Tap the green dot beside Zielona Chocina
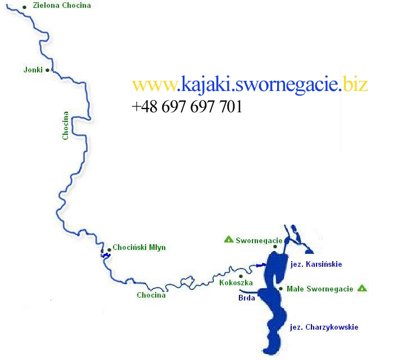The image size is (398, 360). (24, 7)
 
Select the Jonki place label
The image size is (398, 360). (33, 70)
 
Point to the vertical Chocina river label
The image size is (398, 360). (66, 125)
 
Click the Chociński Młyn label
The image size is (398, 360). (139, 247)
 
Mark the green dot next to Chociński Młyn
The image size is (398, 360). (108, 250)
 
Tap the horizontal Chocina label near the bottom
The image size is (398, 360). (151, 295)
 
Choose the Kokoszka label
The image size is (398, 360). (236, 283)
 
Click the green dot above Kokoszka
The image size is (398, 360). (241, 276)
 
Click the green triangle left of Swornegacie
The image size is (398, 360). (229, 239)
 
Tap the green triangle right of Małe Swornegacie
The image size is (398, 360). (362, 288)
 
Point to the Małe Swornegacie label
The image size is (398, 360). (320, 289)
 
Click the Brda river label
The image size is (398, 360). (246, 298)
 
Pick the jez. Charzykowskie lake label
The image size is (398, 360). (324, 327)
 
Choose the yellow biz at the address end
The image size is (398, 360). (356, 85)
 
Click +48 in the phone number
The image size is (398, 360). (144, 107)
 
